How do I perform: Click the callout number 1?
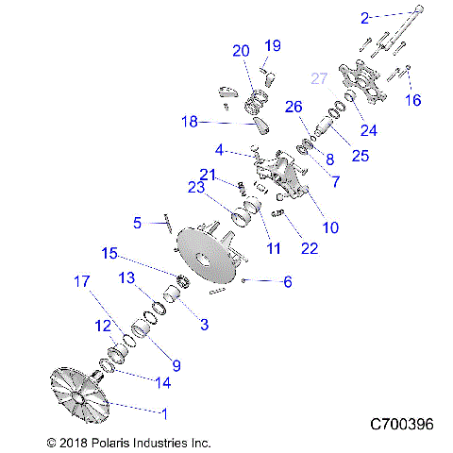[167, 412]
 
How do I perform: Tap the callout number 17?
[81, 280]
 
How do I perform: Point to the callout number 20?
[242, 50]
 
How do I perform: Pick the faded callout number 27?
[318, 79]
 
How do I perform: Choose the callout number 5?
[137, 224]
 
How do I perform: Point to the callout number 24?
[369, 131]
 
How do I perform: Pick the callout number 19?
[273, 45]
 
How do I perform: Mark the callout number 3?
[202, 324]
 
